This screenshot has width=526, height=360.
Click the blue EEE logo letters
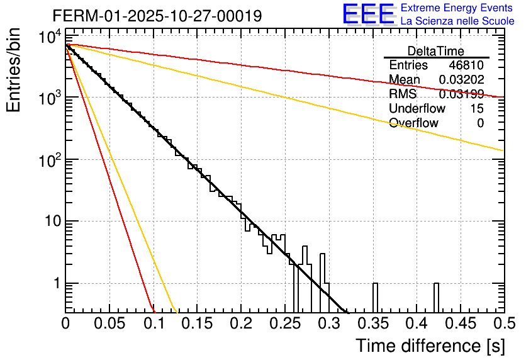368,15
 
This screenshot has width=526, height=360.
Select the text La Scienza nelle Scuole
457,21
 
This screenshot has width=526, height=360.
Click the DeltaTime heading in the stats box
436,51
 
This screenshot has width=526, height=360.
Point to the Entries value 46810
466,65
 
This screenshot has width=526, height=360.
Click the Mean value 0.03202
461,80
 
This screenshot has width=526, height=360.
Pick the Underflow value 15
477,108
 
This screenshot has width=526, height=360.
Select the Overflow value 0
480,123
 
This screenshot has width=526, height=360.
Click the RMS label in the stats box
403,94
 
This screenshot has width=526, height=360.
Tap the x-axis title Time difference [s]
429,346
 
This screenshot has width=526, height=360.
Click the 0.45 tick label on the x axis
460,323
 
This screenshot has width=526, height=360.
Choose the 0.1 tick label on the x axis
154,323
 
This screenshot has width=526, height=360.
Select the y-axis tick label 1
55,283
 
